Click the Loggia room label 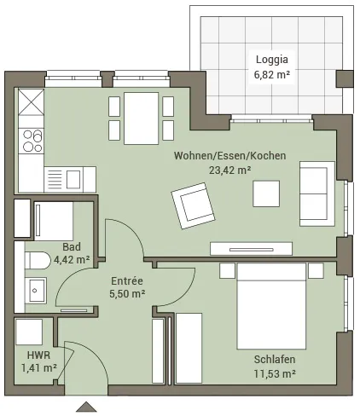click(272, 60)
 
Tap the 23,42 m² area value click(230, 170)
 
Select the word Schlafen click(275, 360)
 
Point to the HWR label click(38, 355)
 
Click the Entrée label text click(127, 280)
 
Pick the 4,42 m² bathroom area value click(72, 259)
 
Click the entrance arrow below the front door click(86, 407)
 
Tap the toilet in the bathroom click(37, 260)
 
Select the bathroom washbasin click(35, 290)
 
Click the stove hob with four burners click(32, 141)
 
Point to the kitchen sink click(70, 180)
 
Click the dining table click(141, 118)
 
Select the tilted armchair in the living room click(193, 205)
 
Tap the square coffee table click(266, 194)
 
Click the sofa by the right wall click(317, 194)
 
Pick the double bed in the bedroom click(271, 306)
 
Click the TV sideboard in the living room click(251, 249)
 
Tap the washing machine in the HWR click(29, 332)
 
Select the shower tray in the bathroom click(54, 222)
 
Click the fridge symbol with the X click(32, 101)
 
